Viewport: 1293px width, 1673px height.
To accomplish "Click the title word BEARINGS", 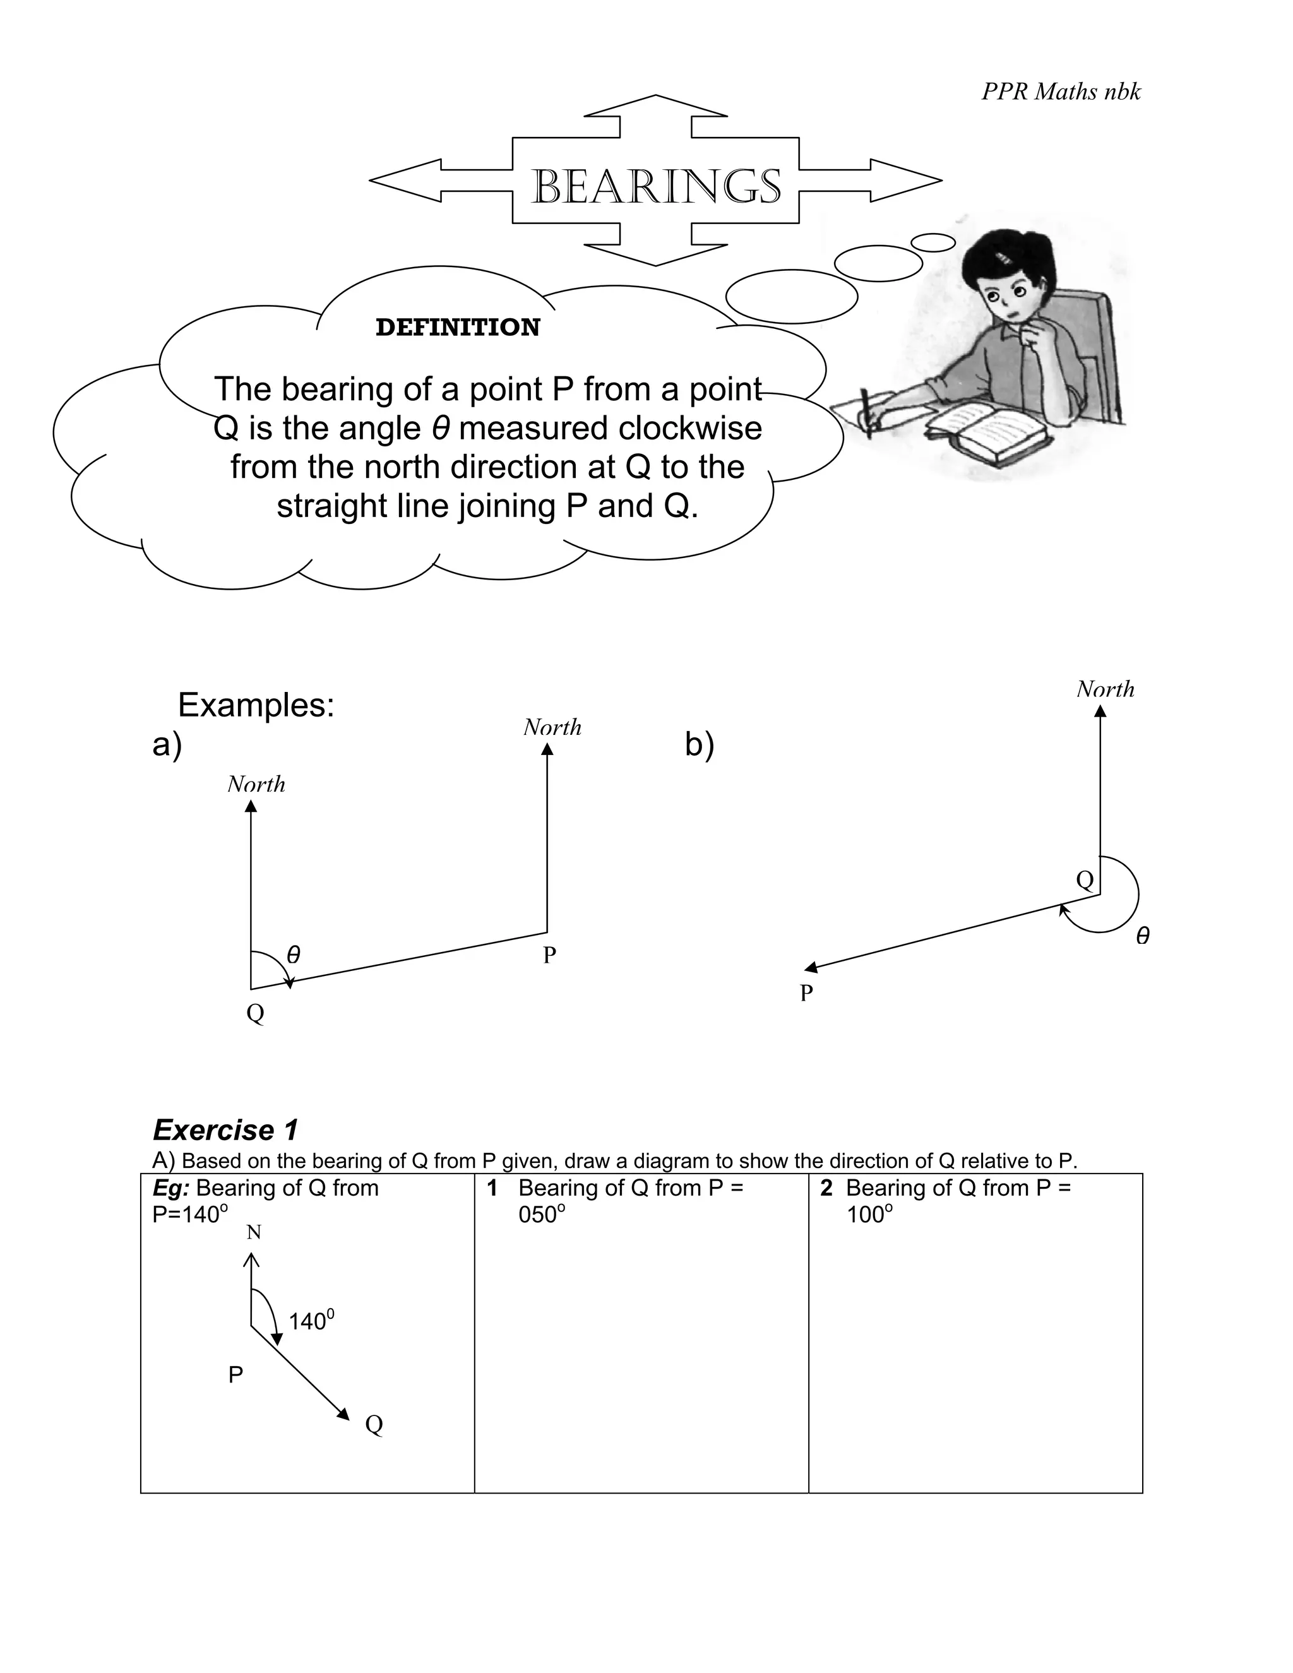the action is point(656,186).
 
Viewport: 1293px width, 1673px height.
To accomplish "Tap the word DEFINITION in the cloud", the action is point(457,327).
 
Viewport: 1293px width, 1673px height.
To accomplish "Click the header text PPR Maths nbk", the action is point(1061,92).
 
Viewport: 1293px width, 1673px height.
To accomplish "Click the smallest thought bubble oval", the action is point(933,242).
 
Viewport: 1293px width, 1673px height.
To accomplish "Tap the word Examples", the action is point(256,705).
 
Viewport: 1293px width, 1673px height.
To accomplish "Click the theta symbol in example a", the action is point(294,955).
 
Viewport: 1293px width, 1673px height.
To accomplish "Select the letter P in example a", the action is point(549,955).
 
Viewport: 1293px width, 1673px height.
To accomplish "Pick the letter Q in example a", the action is point(255,1013).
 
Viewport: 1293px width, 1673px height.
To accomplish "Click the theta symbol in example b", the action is point(1142,936).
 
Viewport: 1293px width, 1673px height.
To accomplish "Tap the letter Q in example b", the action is point(1085,879).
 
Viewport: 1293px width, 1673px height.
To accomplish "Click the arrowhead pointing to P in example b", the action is point(812,967).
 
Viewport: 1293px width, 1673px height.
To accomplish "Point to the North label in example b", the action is point(1105,689).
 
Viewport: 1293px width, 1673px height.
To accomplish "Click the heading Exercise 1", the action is point(225,1130).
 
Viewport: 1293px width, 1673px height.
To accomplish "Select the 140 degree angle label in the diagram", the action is point(311,1321).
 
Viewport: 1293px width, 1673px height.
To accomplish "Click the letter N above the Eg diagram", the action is point(254,1232).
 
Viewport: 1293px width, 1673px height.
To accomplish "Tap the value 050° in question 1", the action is point(542,1215).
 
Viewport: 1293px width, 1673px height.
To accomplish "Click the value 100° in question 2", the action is point(869,1215).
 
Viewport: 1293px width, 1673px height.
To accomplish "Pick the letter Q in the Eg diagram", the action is point(374,1424).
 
